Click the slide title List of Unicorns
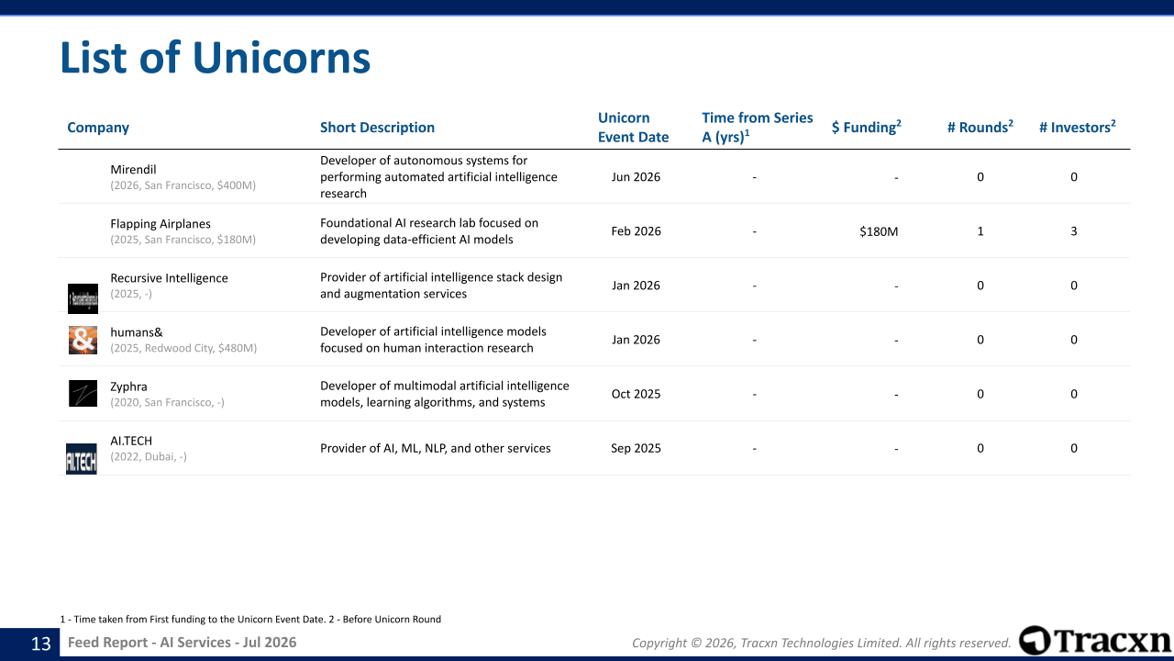216,57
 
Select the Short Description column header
377,128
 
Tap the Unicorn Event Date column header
633,128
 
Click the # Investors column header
1077,127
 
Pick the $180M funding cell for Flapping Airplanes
879,231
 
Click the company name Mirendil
133,170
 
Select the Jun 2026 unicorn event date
636,177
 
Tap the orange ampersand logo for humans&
83,340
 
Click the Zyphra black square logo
83,394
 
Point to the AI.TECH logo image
82,459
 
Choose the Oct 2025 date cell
636,394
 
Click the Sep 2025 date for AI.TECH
636,448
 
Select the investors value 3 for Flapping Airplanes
1074,231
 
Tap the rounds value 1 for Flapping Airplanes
980,231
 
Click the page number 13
41,644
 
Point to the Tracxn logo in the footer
1095,641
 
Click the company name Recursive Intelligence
169,278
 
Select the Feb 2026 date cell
636,231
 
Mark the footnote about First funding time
250,619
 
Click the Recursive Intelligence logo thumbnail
83,298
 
